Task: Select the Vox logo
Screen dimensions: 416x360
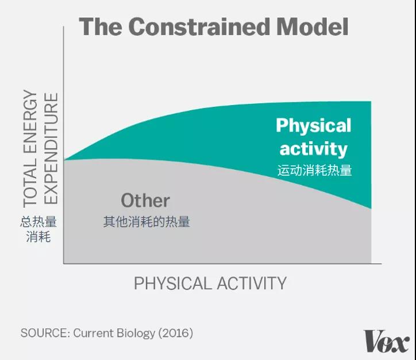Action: [386, 341]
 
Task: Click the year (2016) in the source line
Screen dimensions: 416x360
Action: [176, 333]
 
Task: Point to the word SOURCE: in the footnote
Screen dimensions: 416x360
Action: [45, 333]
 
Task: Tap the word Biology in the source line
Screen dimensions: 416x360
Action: [136, 333]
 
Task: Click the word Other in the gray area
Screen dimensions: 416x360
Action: [145, 200]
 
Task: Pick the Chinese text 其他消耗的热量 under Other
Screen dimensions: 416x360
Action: [147, 222]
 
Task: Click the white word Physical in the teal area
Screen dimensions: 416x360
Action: [314, 126]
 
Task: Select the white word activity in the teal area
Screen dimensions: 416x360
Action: [314, 149]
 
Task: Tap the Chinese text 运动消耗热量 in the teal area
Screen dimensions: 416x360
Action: [315, 170]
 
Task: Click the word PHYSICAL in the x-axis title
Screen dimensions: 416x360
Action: [172, 283]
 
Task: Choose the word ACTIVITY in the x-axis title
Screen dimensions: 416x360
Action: [252, 283]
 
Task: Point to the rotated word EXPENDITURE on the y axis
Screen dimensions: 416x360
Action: [51, 149]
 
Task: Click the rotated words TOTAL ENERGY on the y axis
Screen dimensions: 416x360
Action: [30, 149]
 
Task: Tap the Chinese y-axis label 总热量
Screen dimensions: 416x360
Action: [38, 222]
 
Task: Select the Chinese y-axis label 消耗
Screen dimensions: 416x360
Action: [38, 237]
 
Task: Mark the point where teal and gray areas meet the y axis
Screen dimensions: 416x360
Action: [64, 160]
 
